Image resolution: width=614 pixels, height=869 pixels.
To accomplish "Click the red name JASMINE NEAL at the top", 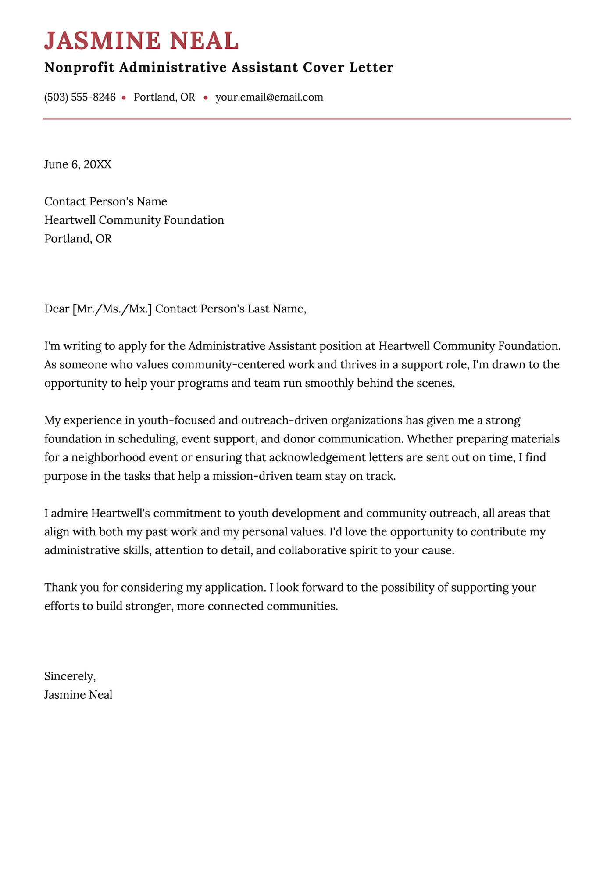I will [141, 41].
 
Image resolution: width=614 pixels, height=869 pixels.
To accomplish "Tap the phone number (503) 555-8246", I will [80, 97].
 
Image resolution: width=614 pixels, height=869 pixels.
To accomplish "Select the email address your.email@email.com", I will [269, 97].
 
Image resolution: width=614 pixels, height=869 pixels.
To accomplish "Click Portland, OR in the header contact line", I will [164, 97].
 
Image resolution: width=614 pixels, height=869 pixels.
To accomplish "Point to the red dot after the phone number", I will [124, 97].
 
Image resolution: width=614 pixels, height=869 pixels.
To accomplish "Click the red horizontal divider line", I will [307, 119].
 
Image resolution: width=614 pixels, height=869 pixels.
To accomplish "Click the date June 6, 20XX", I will [78, 165].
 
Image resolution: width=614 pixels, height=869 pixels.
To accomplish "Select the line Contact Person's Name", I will [106, 201].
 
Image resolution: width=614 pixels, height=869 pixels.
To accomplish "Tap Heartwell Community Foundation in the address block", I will [134, 220].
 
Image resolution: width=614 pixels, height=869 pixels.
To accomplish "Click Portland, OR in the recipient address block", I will [78, 239].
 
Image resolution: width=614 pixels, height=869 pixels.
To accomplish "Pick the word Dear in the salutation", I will [57, 309].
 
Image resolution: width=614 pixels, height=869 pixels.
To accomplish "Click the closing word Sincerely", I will [69, 676].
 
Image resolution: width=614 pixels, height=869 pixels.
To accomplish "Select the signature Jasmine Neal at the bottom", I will [78, 695].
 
